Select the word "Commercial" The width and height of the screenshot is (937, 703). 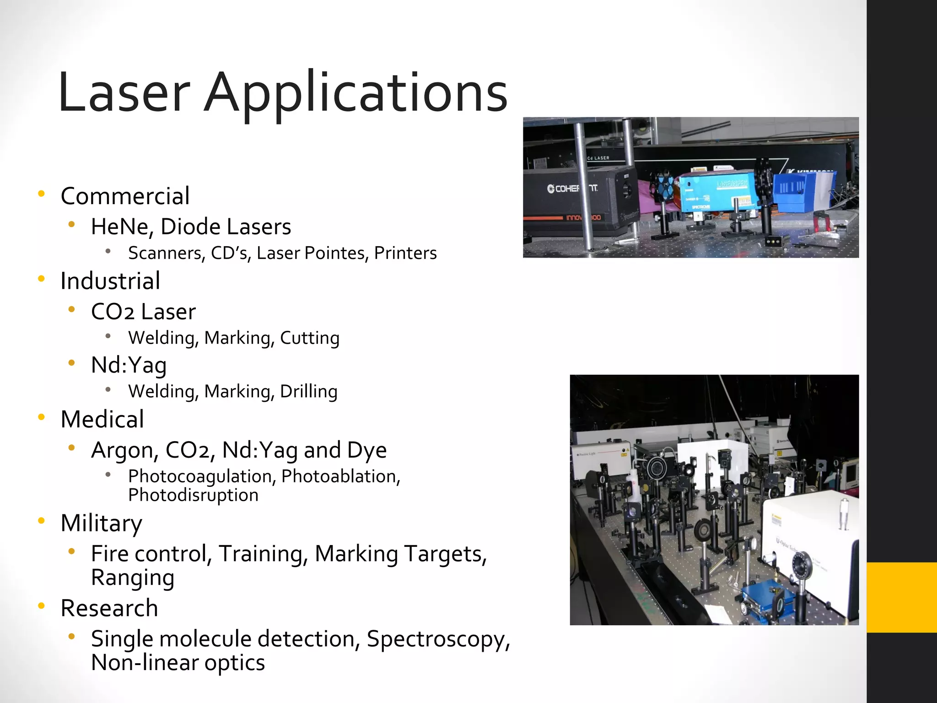click(125, 196)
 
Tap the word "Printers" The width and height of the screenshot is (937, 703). click(405, 253)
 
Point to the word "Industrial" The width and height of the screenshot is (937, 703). click(110, 281)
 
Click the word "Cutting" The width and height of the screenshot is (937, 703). click(310, 338)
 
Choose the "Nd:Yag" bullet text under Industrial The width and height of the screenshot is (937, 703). click(129, 365)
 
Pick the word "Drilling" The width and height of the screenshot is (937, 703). click(309, 392)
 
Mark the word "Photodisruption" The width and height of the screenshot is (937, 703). click(193, 495)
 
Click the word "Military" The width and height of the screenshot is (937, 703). click(101, 523)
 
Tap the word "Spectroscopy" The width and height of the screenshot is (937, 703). click(438, 639)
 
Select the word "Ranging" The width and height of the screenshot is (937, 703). click(133, 578)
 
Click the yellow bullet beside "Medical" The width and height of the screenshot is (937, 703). click(42, 417)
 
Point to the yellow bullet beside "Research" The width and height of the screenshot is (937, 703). click(42, 606)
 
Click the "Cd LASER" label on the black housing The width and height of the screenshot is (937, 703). click(598, 158)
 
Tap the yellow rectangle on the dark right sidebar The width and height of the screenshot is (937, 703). click(902, 597)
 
